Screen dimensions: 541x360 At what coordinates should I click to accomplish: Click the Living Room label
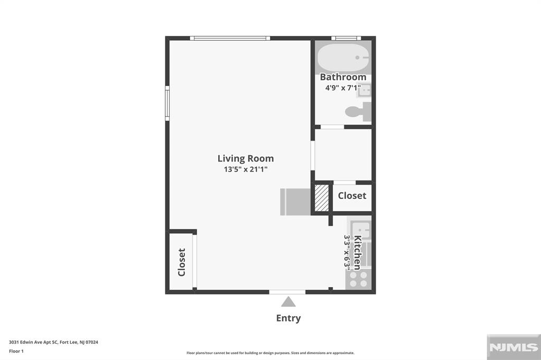pyautogui.click(x=246, y=158)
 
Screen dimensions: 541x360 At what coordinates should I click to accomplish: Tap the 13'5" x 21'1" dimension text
pyautogui.click(x=246, y=169)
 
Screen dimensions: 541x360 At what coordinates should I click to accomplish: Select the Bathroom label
pyautogui.click(x=343, y=77)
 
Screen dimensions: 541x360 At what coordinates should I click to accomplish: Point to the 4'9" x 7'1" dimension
pyautogui.click(x=343, y=88)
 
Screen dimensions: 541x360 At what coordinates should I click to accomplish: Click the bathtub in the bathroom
pyautogui.click(x=343, y=57)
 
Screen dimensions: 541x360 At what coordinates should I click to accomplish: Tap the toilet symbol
pyautogui.click(x=358, y=111)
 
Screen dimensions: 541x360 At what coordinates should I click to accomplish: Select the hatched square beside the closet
pyautogui.click(x=322, y=198)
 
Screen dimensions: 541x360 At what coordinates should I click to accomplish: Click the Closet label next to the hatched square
pyautogui.click(x=352, y=195)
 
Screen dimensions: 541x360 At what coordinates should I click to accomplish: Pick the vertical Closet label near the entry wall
pyautogui.click(x=182, y=262)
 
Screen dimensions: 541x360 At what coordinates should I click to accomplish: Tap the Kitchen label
pyautogui.click(x=358, y=252)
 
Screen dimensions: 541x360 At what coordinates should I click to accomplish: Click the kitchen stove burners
pyautogui.click(x=359, y=279)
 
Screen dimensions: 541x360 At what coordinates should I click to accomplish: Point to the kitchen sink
pyautogui.click(x=361, y=230)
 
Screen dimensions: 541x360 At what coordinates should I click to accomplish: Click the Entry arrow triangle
pyautogui.click(x=288, y=302)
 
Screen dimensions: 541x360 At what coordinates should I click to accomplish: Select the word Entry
pyautogui.click(x=288, y=318)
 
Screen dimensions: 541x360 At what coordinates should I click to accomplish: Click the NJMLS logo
pyautogui.click(x=514, y=347)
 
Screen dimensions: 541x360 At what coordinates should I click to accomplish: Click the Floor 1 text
pyautogui.click(x=16, y=352)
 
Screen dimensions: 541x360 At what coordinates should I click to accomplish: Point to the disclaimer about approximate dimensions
pyautogui.click(x=270, y=353)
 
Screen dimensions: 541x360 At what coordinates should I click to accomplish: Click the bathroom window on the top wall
pyautogui.click(x=346, y=39)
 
